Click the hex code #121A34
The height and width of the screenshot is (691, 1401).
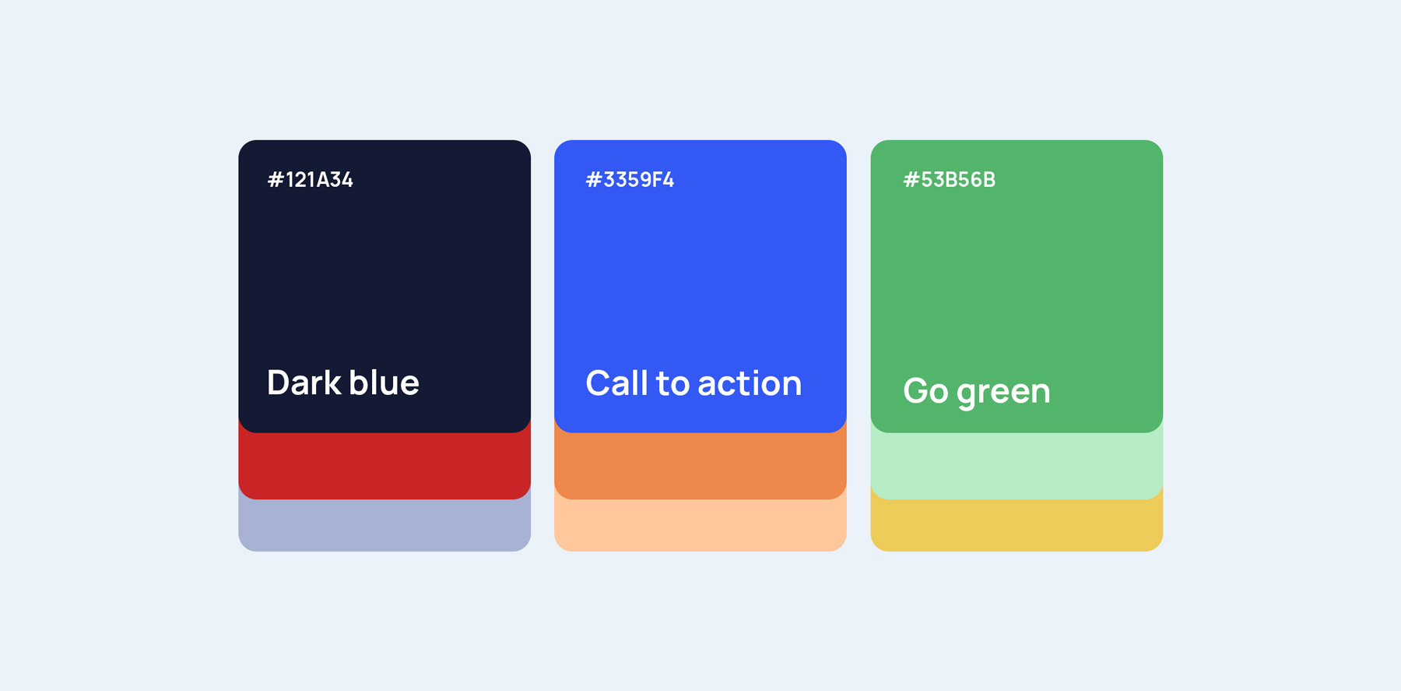point(310,180)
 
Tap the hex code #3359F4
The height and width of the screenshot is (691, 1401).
point(630,180)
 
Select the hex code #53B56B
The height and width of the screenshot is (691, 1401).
point(949,180)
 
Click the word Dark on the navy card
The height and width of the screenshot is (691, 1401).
point(304,383)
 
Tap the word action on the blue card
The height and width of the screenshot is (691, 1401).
point(750,383)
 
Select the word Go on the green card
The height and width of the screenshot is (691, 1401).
point(925,391)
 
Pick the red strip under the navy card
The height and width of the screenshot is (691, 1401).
point(384,466)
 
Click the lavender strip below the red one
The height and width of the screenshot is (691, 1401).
point(384,526)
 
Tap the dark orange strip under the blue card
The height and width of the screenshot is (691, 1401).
point(700,466)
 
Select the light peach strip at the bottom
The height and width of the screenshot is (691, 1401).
point(700,526)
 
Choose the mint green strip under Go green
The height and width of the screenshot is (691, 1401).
point(1017,466)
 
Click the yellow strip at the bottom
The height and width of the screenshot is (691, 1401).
point(1017,526)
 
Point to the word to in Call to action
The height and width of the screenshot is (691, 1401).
point(672,384)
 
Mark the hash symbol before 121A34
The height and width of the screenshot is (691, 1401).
point(276,180)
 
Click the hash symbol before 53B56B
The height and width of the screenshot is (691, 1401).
point(911,180)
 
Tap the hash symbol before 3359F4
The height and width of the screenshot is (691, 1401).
point(594,180)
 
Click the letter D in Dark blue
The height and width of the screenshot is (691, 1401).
point(279,383)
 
